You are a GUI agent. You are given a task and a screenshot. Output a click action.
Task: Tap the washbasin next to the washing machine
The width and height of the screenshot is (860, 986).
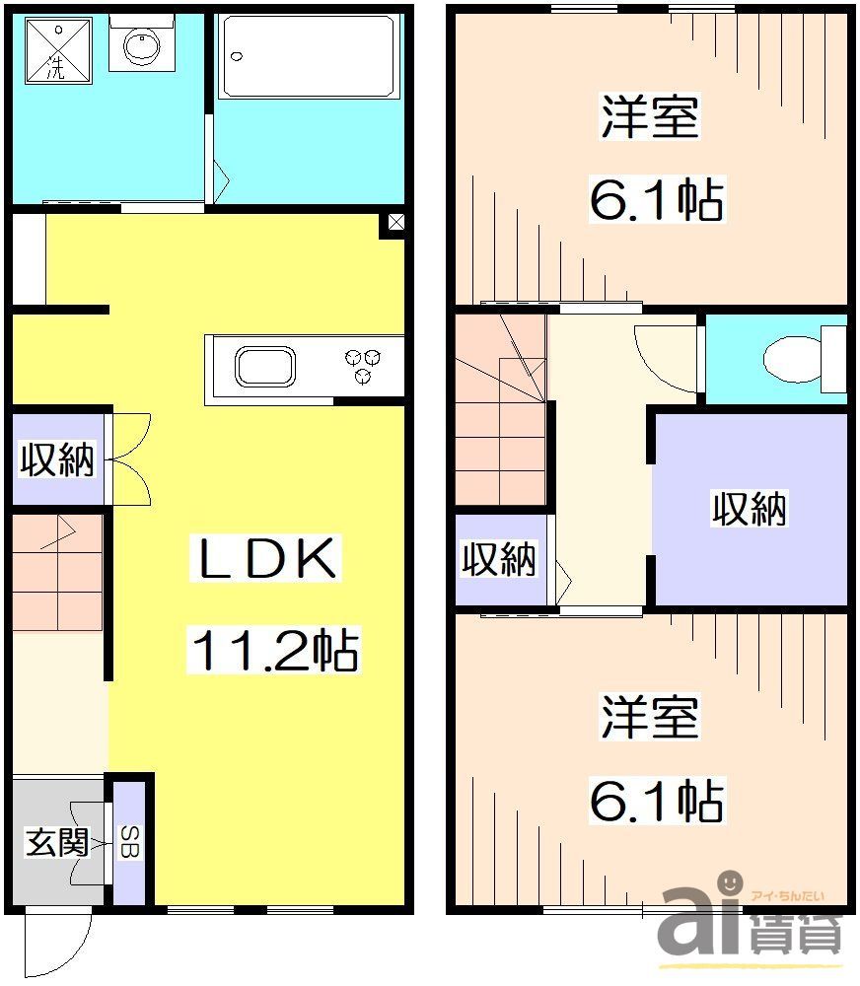point(141,45)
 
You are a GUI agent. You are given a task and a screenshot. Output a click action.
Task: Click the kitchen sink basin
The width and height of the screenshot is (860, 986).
point(264,368)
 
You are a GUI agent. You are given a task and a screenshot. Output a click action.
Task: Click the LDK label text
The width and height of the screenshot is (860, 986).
point(264,561)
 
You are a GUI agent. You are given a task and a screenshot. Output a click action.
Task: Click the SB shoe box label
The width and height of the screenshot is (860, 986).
point(129,843)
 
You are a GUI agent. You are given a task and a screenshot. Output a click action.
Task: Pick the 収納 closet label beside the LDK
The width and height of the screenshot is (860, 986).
point(57,460)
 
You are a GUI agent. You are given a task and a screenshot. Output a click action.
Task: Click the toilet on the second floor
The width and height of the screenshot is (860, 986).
point(797,359)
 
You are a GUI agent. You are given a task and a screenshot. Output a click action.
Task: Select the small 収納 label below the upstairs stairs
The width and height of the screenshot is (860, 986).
point(500,559)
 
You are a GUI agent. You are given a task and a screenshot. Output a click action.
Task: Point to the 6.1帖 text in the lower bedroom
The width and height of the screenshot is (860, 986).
point(657,801)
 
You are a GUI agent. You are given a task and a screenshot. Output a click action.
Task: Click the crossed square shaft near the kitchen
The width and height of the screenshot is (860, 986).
point(394,223)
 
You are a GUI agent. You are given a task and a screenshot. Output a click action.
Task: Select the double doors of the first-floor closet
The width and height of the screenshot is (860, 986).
point(129,459)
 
